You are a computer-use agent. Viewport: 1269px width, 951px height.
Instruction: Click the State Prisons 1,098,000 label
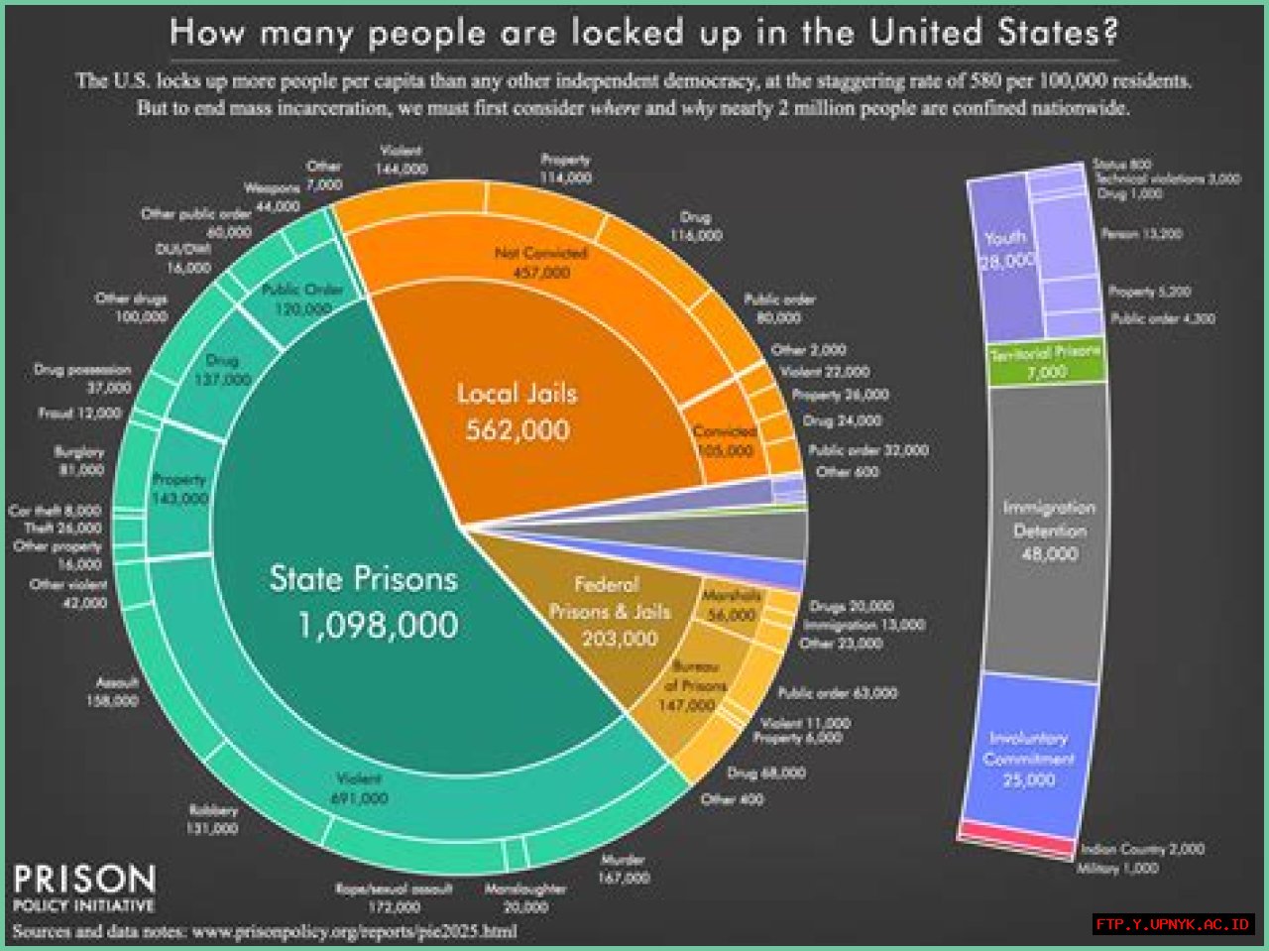365,602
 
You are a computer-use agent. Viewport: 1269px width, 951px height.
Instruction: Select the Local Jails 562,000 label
517,412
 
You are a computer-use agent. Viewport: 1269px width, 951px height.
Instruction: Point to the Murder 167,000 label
623,869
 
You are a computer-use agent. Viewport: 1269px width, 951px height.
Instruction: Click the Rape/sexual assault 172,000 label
394,897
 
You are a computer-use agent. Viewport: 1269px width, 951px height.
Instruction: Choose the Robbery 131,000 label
212,819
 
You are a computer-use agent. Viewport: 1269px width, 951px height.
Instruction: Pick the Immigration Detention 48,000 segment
1048,531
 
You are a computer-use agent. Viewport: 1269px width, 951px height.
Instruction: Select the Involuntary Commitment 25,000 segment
1029,759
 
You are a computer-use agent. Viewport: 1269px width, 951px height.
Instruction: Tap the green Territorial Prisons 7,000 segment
1046,362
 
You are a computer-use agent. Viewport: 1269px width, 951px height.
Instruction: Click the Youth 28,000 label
1006,249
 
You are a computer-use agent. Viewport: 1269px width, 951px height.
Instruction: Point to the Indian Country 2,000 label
1142,849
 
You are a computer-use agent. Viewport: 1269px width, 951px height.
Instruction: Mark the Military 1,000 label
1117,869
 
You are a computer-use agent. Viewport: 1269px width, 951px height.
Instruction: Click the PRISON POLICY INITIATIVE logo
84,888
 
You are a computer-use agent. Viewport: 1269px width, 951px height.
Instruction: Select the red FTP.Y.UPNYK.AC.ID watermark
1174,924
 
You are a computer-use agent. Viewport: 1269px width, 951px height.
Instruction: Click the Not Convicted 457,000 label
541,263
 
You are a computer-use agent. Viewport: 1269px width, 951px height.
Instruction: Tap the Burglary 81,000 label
79,460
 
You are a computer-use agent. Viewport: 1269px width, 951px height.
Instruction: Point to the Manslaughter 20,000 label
525,897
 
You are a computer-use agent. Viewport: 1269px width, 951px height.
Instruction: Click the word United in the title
927,32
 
